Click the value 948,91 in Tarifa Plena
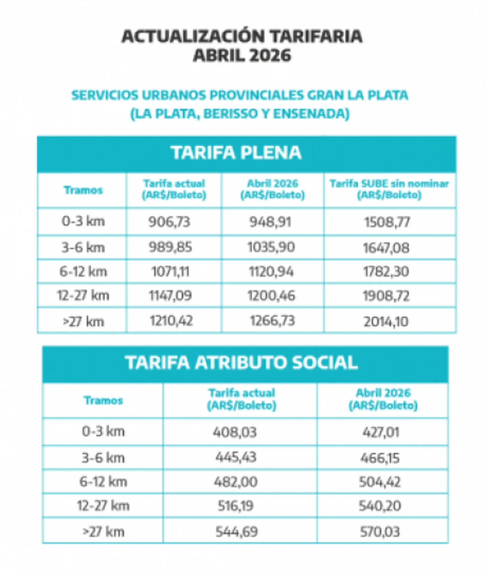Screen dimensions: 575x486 tap(270, 222)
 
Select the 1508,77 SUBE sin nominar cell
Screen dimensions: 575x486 tap(387, 222)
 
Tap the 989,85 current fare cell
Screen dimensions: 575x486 tap(170, 247)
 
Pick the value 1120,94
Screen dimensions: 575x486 tap(271, 272)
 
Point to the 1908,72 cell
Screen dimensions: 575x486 tap(386, 296)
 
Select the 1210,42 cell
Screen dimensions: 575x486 tap(171, 320)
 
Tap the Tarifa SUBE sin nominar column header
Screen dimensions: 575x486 tap(389, 189)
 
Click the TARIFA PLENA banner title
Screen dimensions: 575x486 tap(236, 153)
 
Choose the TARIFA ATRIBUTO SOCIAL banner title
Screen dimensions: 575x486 tap(241, 362)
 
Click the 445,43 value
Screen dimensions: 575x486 tap(236, 457)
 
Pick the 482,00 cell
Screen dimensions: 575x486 tap(236, 482)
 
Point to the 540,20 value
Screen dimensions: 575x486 tap(380, 506)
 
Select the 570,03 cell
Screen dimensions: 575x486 tap(380, 532)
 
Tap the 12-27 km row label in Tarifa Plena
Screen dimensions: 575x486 tap(83, 295)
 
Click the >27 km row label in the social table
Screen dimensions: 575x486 tap(103, 532)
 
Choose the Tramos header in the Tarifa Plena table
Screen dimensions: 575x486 tap(83, 190)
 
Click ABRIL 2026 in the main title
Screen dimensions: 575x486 tap(242, 56)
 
